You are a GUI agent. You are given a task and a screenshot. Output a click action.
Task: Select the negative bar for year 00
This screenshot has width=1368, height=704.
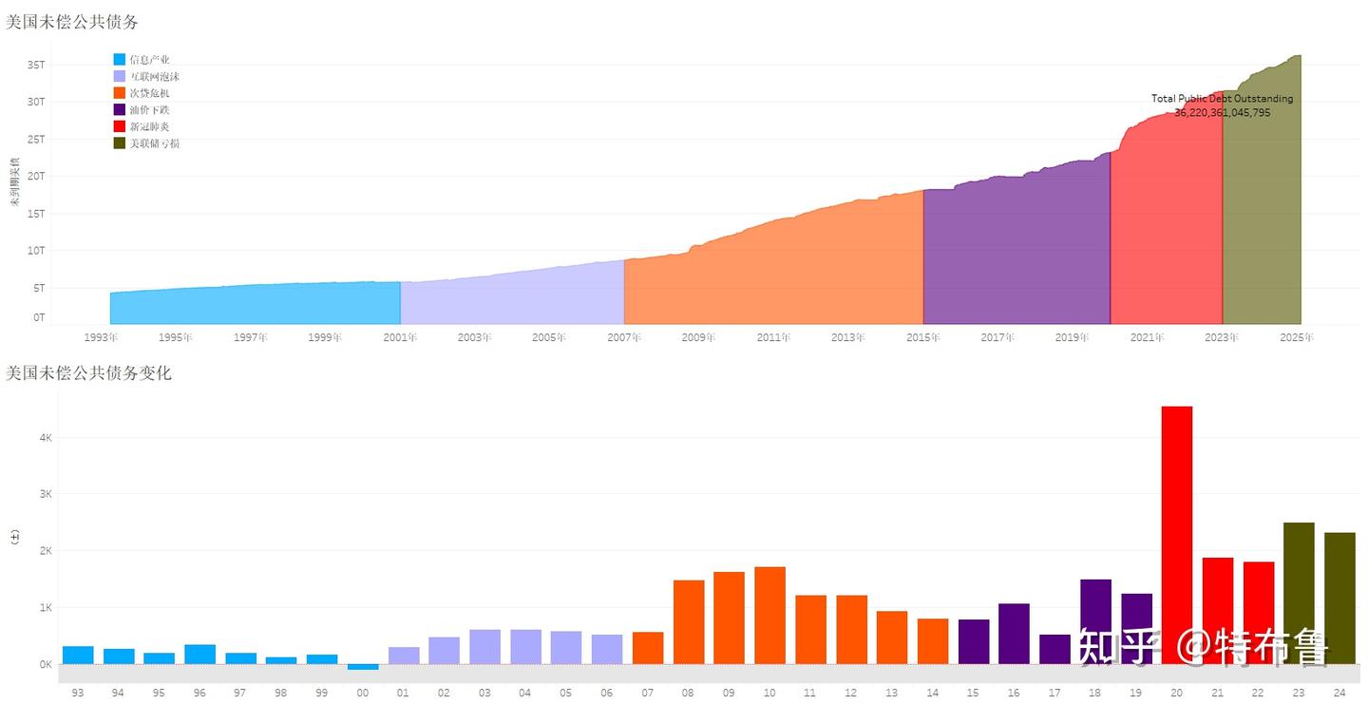(362, 667)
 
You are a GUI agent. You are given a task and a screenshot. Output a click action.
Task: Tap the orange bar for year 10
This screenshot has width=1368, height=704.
(769, 615)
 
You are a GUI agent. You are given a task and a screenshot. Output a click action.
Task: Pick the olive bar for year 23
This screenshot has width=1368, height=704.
(1299, 593)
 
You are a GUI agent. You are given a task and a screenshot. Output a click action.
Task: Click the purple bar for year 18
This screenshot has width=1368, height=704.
(1095, 621)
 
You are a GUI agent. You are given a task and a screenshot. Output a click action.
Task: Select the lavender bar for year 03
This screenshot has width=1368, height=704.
(484, 646)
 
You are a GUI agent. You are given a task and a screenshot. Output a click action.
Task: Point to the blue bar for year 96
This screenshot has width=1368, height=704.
(199, 654)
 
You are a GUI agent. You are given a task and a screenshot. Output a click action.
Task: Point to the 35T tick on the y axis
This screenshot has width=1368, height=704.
(36, 65)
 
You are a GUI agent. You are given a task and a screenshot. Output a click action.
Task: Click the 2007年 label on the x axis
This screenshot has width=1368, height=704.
(624, 337)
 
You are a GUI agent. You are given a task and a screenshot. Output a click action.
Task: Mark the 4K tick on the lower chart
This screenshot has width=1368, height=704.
(45, 438)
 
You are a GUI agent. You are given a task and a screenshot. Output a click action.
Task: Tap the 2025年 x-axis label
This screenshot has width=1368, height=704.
(1297, 337)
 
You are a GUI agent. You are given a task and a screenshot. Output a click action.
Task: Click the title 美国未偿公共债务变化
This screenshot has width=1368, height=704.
(88, 373)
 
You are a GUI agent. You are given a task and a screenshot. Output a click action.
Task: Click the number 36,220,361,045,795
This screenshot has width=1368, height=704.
(1222, 112)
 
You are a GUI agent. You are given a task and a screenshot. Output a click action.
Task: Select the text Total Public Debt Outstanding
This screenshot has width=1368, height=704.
(1222, 98)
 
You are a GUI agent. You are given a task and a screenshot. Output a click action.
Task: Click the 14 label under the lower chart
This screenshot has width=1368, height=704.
(932, 693)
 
